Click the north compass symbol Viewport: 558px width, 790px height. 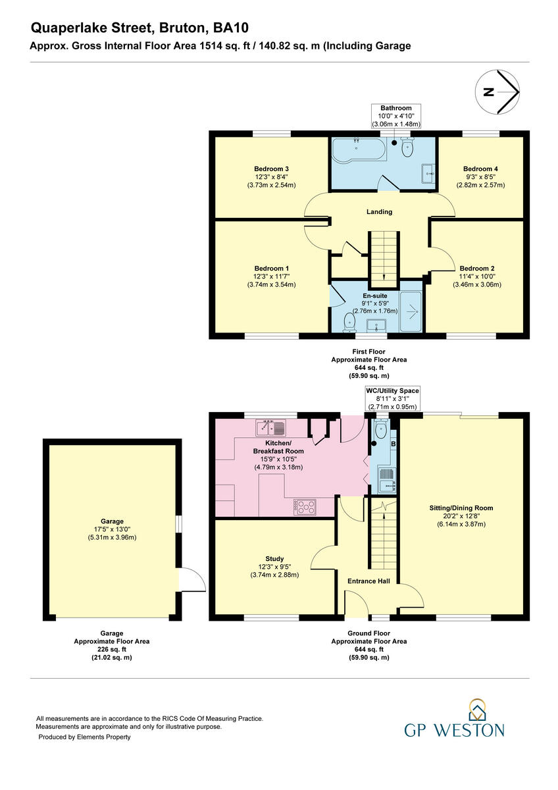(x=498, y=92)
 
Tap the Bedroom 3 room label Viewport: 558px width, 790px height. (x=272, y=169)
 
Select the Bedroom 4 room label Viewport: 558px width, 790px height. (x=480, y=169)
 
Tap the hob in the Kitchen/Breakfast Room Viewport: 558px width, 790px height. (x=306, y=507)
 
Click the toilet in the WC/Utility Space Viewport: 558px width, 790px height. (x=380, y=431)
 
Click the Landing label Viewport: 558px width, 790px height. (x=379, y=212)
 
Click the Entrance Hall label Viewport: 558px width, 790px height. (x=368, y=581)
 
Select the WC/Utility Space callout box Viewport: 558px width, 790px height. (x=392, y=399)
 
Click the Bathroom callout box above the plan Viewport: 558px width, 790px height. (x=395, y=116)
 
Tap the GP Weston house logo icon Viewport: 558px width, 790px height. (x=476, y=710)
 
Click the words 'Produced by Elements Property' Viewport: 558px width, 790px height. (x=84, y=737)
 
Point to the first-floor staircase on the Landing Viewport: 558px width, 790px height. (x=383, y=255)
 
